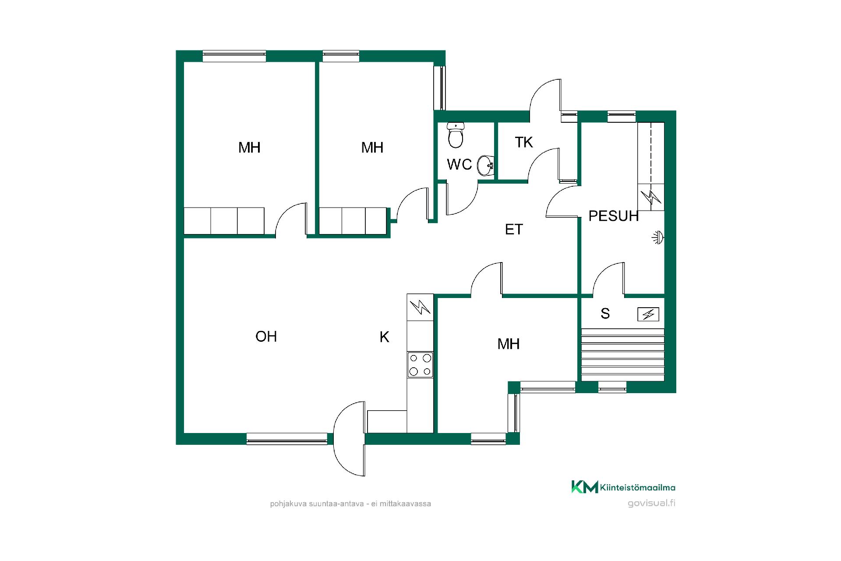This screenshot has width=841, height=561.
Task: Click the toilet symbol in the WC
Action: click(456, 135)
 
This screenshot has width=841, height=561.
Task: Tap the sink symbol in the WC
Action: click(486, 166)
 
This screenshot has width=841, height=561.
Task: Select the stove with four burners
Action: click(420, 365)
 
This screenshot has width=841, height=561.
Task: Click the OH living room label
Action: click(266, 336)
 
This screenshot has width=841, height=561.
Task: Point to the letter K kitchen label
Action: click(384, 337)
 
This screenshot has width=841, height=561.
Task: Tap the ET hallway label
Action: click(514, 229)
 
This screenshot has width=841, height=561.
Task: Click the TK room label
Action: click(524, 142)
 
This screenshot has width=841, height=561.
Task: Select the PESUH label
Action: click(613, 216)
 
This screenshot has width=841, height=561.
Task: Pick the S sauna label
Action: click(605, 313)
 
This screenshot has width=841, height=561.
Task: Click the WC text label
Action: click(459, 164)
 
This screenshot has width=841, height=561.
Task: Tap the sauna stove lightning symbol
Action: click(648, 314)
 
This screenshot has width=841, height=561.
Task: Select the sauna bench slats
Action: click(622, 355)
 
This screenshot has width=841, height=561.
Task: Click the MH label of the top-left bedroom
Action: click(249, 147)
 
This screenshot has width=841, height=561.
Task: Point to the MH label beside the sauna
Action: click(509, 344)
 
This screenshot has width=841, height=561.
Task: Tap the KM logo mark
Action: click(584, 487)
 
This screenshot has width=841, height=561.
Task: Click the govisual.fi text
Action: click(651, 503)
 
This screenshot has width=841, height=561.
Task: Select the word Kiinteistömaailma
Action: click(638, 487)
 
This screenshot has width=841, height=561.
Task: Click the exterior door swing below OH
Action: click(349, 438)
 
